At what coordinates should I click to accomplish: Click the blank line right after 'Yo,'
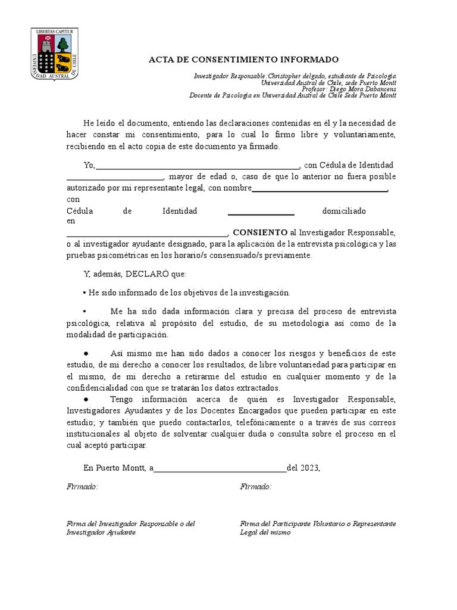pyautogui.click(x=197, y=166)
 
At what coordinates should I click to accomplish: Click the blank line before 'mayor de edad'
pyautogui.click(x=114, y=177)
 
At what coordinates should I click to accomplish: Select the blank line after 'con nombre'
pyautogui.click(x=320, y=189)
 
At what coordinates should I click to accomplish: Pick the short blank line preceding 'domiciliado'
pyautogui.click(x=261, y=211)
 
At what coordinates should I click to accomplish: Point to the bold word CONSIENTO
pyautogui.click(x=259, y=232)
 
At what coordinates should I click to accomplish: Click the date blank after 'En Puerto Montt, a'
pyautogui.click(x=220, y=468)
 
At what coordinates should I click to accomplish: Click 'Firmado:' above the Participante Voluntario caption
pyautogui.click(x=256, y=487)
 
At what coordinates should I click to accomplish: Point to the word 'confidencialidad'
pyautogui.click(x=99, y=388)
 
